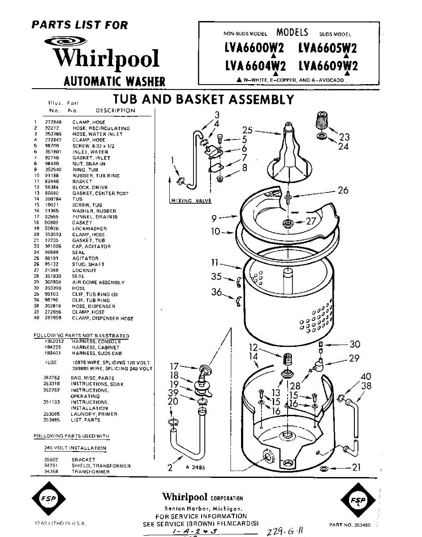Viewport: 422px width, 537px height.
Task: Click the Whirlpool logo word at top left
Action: pos(106,59)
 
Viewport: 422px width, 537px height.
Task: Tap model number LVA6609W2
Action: pos(328,66)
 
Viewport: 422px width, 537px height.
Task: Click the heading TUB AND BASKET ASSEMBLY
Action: pos(203,99)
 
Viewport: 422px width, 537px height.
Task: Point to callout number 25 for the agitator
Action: pos(248,130)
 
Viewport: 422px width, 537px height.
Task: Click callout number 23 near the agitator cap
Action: pos(344,137)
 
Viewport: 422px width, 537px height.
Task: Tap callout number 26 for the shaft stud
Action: pos(343,190)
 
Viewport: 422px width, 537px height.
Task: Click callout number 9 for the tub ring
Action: pos(214,218)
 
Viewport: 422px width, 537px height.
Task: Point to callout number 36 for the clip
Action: pos(217,293)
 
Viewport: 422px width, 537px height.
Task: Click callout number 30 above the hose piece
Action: pos(355,345)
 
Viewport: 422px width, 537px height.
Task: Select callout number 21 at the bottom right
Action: pos(356,468)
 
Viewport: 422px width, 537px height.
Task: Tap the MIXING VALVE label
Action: pos(191,200)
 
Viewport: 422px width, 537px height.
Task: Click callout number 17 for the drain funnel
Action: pos(174,366)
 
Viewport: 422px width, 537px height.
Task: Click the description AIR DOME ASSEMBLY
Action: pos(98,282)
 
